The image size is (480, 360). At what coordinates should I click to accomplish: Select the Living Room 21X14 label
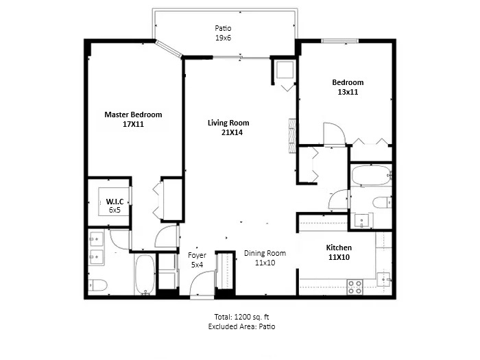[228, 128]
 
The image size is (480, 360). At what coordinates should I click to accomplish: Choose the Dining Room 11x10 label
[265, 257]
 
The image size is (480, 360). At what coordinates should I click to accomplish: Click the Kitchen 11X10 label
[339, 252]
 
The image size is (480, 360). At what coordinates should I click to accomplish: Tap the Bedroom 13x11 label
[348, 87]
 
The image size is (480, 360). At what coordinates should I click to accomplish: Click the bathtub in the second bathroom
[370, 176]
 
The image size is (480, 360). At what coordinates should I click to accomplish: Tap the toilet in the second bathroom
[381, 202]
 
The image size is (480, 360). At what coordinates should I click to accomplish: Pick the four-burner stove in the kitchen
[355, 287]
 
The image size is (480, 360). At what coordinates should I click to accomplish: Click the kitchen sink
[384, 278]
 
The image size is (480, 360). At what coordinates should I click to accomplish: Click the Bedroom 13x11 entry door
[333, 134]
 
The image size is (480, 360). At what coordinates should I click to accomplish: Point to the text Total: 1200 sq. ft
[241, 317]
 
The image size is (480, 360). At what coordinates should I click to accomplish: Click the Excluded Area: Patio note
[241, 326]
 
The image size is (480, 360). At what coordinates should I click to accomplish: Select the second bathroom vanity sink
[361, 220]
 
